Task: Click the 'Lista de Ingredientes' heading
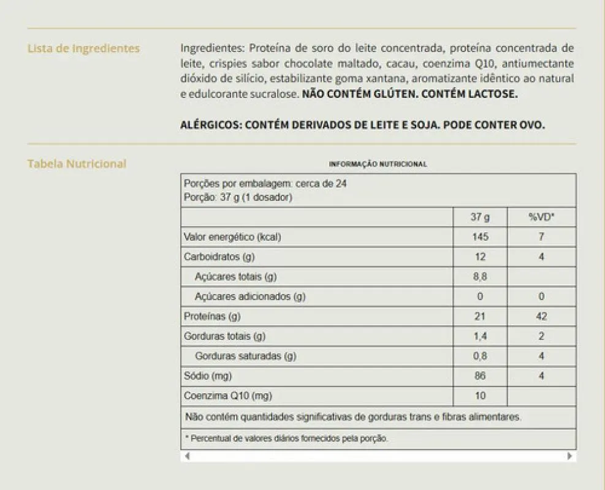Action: coord(83,48)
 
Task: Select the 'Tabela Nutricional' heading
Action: coord(77,164)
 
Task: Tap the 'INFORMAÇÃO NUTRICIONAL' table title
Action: coord(378,164)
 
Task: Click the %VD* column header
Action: coord(541,217)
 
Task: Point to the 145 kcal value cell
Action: coord(480,237)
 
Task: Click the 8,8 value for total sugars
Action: coord(480,277)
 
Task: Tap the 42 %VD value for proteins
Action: coord(541,317)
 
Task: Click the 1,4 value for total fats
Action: coord(480,336)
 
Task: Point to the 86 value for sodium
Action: coord(480,376)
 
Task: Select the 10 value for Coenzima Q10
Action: coord(480,396)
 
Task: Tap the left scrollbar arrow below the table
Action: coord(187,456)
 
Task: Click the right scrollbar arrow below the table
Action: coord(570,456)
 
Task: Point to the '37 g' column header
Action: coord(480,217)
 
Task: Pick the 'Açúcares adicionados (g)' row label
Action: coord(250,296)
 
